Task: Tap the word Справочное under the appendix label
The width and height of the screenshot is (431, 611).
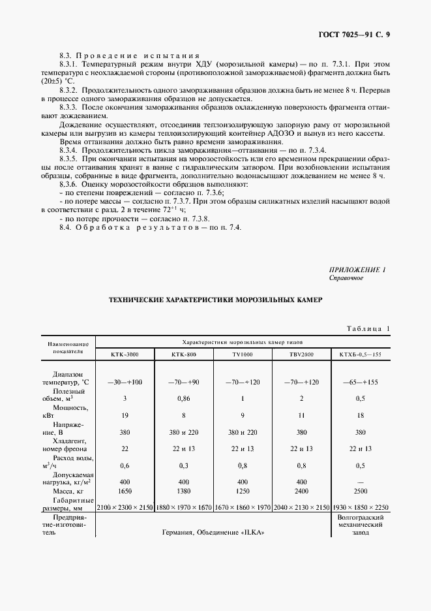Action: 346,278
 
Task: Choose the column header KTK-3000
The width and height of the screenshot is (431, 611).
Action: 125,354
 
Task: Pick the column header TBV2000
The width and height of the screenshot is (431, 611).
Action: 301,354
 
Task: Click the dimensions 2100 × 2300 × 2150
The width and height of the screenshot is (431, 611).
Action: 125,506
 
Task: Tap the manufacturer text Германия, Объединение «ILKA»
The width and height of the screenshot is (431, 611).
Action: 214,532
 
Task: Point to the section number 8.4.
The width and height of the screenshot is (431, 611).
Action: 65,227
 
